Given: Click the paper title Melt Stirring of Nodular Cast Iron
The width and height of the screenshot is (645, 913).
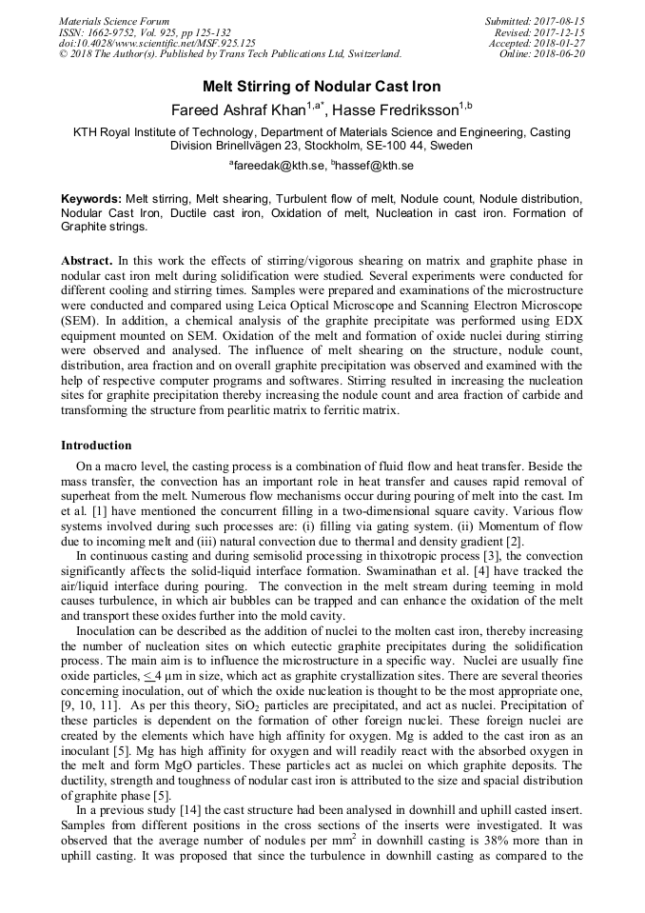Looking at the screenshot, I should tap(322, 86).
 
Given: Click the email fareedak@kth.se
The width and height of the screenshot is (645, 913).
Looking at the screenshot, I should tap(276, 166).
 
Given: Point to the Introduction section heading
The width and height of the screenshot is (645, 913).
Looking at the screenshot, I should tap(96, 446).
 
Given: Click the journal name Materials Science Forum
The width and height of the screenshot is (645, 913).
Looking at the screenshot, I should tap(114, 21).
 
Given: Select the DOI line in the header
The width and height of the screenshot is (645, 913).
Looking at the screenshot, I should tap(157, 43).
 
